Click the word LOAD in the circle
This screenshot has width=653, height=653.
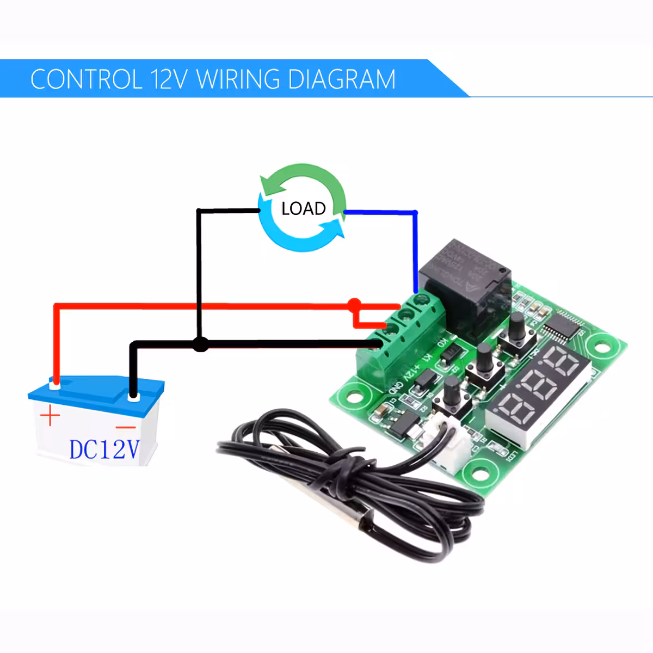tap(303, 208)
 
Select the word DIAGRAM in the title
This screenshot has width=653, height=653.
tap(341, 79)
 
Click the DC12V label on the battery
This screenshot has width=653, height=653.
tap(104, 449)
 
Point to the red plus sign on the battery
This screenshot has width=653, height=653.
tap(50, 417)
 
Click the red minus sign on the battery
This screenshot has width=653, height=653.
tap(126, 427)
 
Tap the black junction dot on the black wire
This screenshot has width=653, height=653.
tap(201, 344)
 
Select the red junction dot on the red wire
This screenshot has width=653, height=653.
tap(354, 303)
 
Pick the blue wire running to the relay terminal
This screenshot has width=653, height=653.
tap(416, 245)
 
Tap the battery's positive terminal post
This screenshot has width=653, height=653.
tap(54, 384)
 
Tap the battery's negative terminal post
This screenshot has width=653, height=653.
tap(133, 397)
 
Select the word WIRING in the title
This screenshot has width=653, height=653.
tap(238, 79)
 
